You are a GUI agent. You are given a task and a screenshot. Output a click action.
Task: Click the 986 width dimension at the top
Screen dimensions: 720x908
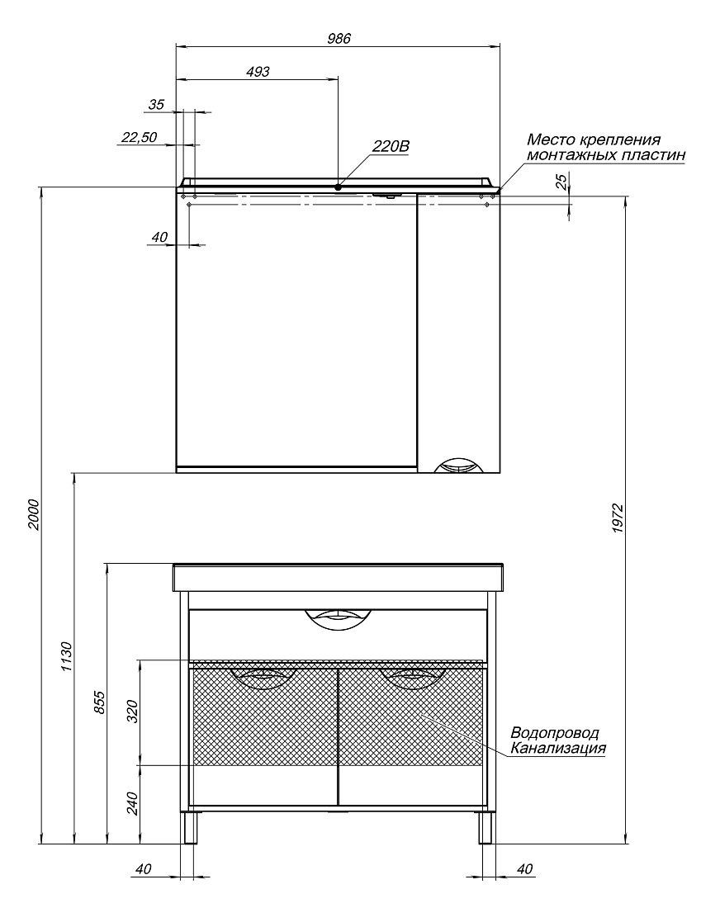tap(339, 38)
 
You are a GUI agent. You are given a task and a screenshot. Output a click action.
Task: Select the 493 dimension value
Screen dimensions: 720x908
tap(258, 71)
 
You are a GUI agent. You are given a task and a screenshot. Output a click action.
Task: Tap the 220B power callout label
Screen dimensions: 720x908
tap(391, 146)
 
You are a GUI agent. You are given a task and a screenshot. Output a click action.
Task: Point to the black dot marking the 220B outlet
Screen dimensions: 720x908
tap(338, 187)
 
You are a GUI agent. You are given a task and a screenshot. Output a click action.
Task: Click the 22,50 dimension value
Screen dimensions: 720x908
tap(139, 137)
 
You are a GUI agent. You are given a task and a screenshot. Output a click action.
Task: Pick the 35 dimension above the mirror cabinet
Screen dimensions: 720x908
tap(156, 104)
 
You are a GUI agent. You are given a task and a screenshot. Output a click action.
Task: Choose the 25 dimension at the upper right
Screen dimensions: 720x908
tap(561, 182)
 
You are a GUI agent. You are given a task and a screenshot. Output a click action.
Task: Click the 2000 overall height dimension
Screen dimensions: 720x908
tap(33, 514)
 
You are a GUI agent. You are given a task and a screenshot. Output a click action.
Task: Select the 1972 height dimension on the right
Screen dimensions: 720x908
tap(618, 518)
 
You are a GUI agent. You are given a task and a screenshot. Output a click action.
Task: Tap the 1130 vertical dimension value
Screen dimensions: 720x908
tap(67, 656)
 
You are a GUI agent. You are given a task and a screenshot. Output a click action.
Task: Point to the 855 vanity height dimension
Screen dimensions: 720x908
tap(100, 702)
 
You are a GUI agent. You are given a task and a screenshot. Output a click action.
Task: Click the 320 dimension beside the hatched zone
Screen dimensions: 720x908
tap(133, 711)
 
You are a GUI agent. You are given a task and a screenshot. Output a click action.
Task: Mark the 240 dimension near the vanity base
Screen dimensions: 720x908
tap(133, 803)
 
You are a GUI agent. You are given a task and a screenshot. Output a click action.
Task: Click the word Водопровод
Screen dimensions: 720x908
tap(555, 733)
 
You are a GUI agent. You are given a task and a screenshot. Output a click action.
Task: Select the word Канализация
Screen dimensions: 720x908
tap(558, 748)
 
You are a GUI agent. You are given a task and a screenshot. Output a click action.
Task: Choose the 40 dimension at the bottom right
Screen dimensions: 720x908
tap(523, 868)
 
